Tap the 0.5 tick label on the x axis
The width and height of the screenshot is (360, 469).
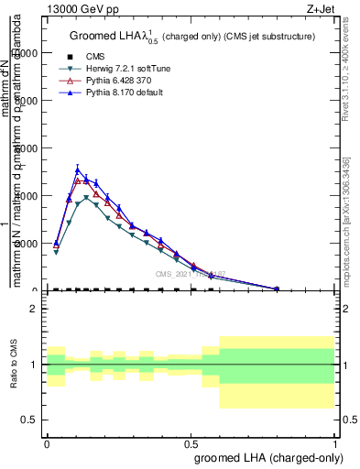(191, 442)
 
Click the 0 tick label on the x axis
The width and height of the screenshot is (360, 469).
(47, 442)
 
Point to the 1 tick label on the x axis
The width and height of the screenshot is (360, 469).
(335, 442)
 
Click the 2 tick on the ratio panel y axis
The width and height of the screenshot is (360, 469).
(32, 310)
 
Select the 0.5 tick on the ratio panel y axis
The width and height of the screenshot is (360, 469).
(30, 420)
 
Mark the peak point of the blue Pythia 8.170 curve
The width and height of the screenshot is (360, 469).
(78, 169)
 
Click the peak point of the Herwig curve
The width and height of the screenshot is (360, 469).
(87, 198)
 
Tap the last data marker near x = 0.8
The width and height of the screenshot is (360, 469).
(277, 289)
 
